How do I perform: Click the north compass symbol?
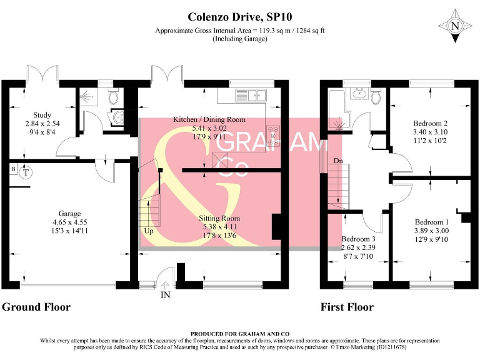pos(454,26)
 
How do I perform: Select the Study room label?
pos(42,114)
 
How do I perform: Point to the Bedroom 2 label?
pos(431,123)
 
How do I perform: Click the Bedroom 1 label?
pos(431,222)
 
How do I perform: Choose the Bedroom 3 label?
pos(359,239)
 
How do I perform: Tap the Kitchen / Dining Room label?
pos(209,119)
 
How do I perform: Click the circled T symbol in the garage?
pos(25,172)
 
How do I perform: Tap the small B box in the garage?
pos(13,168)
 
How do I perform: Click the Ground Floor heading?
pos(36,307)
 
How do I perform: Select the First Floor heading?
pos(347,307)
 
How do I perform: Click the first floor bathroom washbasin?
pos(358,95)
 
